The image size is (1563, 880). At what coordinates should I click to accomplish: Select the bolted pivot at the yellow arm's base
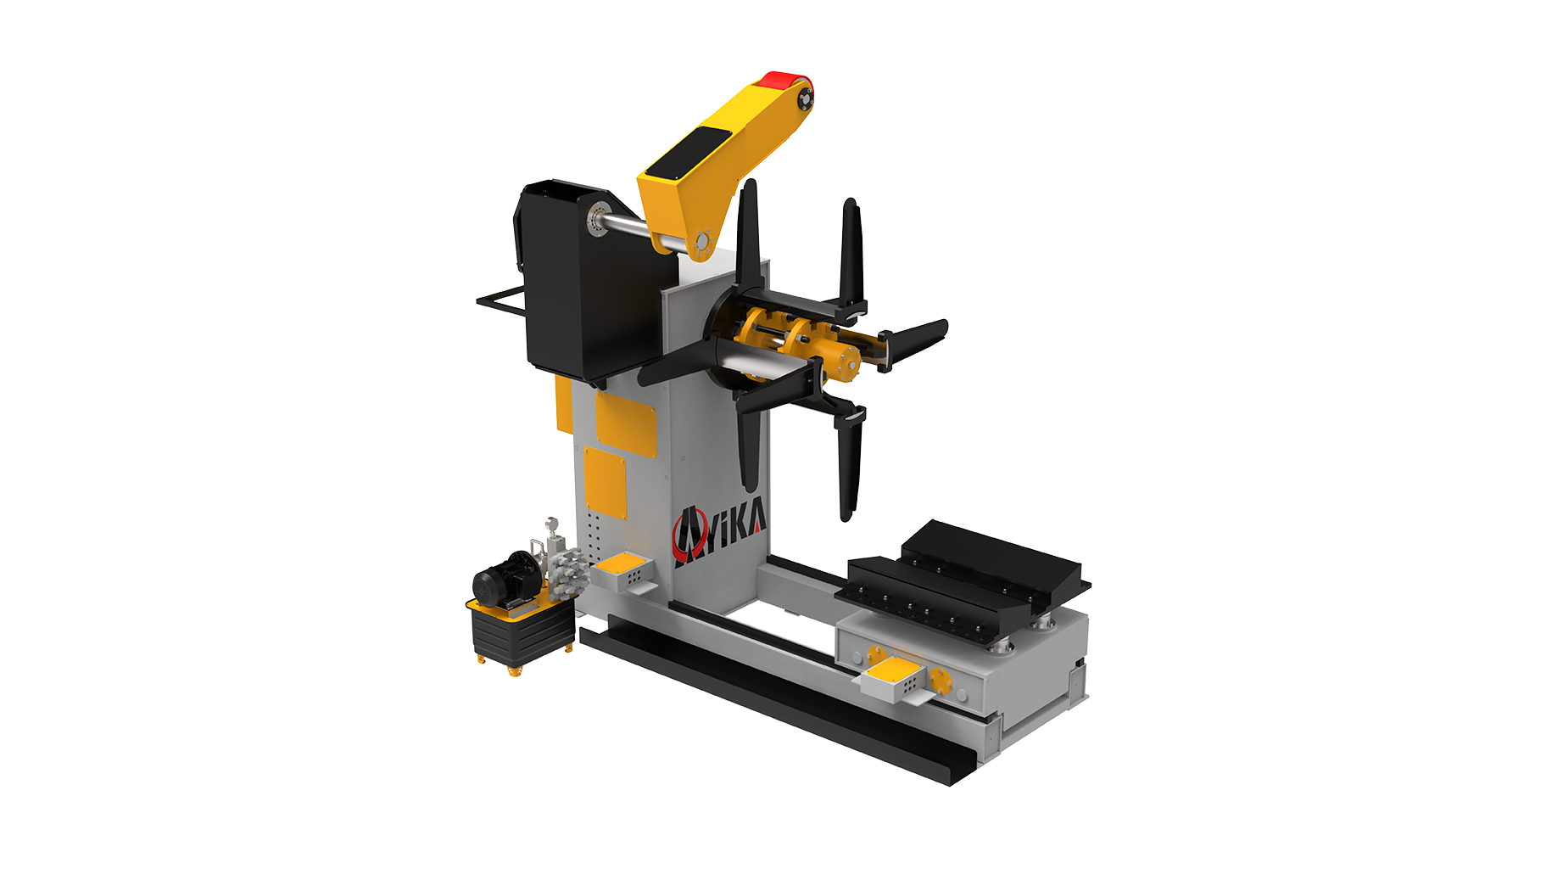click(x=701, y=243)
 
